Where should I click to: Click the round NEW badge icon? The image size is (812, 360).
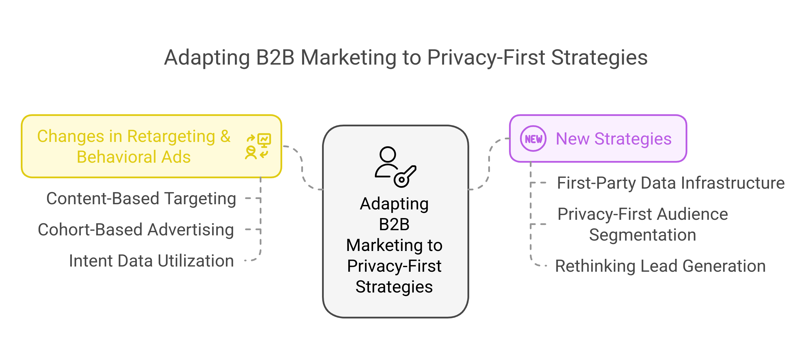533,139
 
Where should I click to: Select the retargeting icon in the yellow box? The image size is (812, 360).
258,146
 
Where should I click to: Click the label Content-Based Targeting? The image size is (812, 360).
141,198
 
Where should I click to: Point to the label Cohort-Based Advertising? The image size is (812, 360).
136,230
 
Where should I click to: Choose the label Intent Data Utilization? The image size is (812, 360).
151,261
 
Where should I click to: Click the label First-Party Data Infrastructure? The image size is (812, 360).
671,183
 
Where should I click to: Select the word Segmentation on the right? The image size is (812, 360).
642,235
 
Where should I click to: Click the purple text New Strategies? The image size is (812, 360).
613,139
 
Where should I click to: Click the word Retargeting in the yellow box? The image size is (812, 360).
171,136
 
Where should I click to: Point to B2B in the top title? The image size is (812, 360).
275,58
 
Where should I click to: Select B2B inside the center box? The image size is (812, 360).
394,224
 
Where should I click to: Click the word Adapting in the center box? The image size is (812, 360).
394,204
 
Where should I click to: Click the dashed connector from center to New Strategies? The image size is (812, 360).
489,164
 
